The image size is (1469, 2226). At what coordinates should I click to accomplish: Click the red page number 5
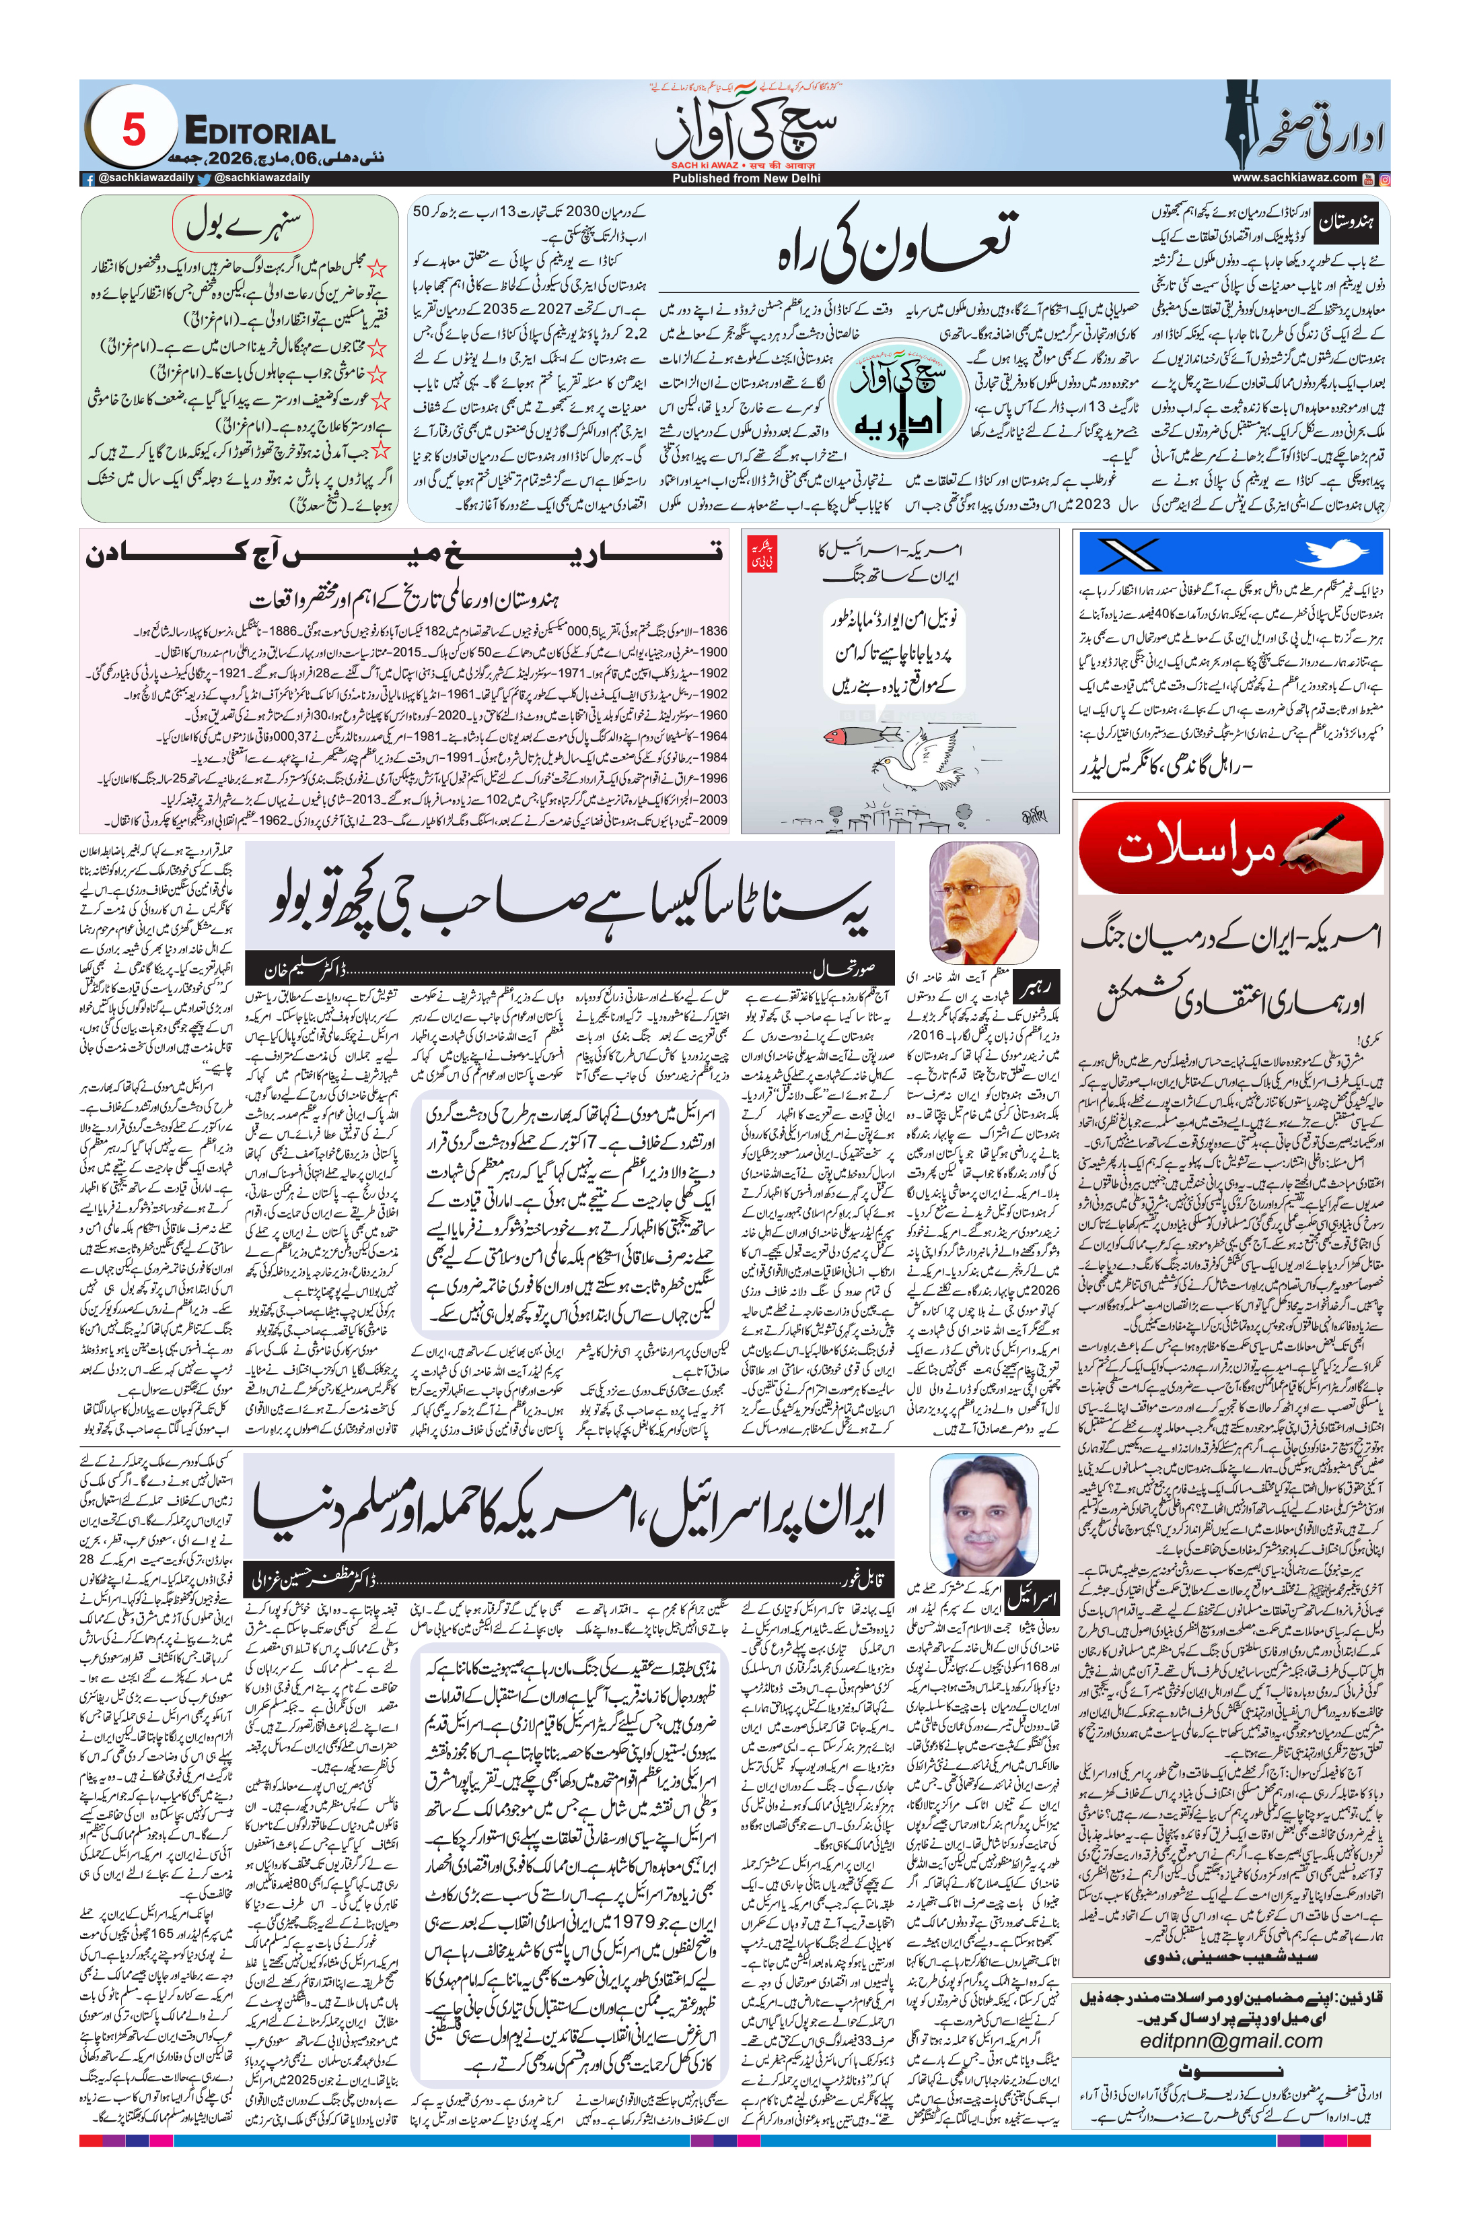[133, 129]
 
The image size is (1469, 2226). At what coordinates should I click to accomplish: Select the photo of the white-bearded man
[982, 902]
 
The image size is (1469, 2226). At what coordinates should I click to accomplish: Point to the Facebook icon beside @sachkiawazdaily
[89, 178]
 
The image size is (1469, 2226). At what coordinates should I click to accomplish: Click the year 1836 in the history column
[712, 631]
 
